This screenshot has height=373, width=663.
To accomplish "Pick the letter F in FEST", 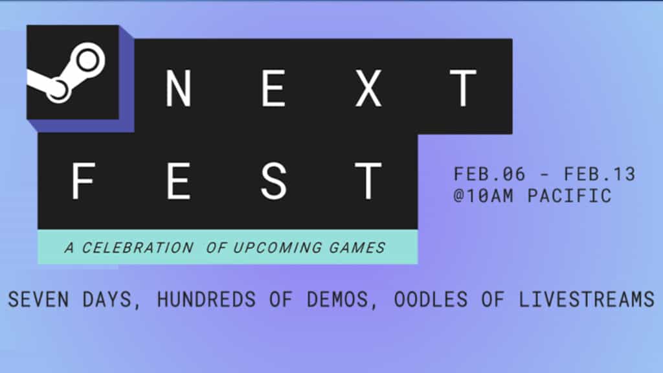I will (84, 181).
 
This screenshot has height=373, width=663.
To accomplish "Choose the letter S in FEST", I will (273, 181).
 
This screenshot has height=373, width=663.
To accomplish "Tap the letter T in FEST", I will (368, 181).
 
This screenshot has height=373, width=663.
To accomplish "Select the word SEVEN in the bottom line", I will (43, 300).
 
